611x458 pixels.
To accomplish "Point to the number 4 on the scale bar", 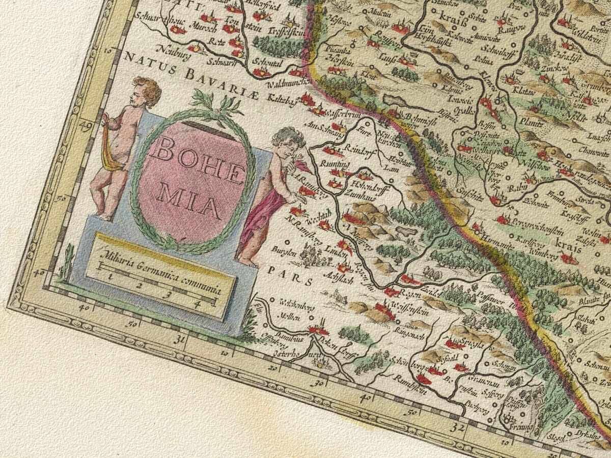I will click(197, 304).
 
